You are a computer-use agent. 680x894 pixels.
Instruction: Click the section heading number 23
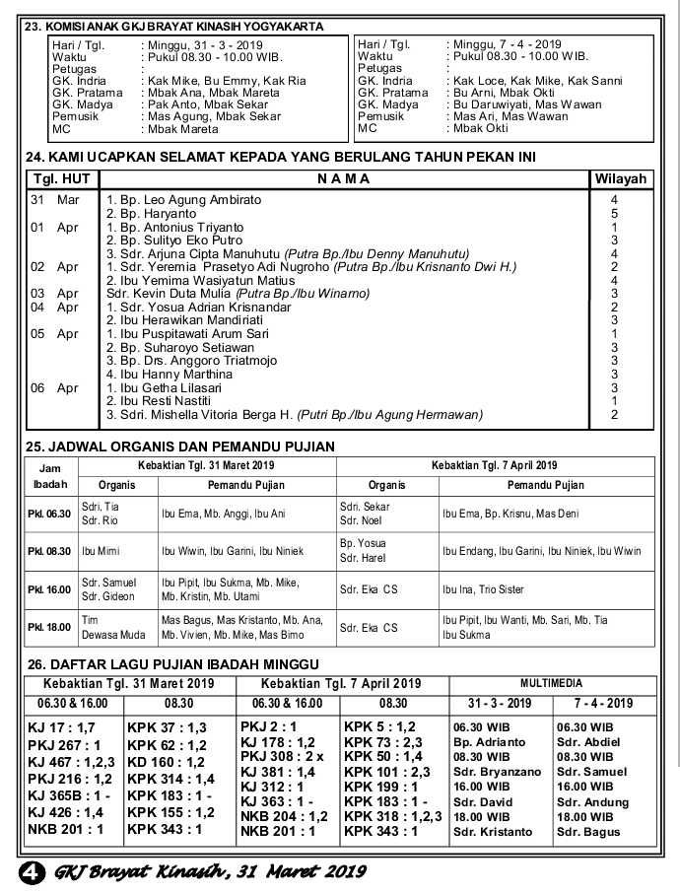tap(33, 27)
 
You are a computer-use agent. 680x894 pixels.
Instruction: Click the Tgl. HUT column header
tap(61, 179)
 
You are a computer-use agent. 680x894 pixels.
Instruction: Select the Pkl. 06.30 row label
tap(49, 514)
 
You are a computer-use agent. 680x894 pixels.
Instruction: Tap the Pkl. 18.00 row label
tap(49, 627)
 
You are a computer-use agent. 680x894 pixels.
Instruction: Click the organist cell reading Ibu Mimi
tap(101, 551)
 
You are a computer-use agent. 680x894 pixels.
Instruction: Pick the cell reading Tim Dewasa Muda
tap(107, 627)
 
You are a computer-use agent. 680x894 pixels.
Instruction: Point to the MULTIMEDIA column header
tap(551, 683)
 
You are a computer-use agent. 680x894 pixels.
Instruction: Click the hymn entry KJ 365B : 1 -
tap(67, 794)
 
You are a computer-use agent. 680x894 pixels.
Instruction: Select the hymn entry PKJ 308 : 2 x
tap(283, 756)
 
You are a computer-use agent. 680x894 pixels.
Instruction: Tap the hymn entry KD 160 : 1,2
tap(166, 762)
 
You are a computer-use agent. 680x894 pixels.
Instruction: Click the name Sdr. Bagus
tap(588, 832)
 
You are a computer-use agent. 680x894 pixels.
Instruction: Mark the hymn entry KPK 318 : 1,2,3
tap(392, 817)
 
